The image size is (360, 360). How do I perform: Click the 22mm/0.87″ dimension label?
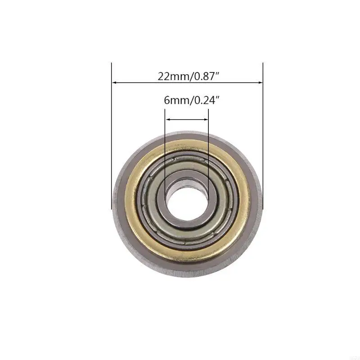(188, 76)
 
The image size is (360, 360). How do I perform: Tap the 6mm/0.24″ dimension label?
(188, 100)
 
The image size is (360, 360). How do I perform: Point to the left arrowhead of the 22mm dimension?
(114, 83)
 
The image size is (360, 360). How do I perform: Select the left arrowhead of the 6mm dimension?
(168, 119)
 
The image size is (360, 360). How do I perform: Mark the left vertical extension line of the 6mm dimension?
(165, 148)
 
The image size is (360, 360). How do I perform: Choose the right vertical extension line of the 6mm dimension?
(209, 148)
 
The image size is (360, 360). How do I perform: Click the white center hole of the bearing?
(187, 198)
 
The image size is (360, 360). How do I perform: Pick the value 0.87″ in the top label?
(206, 76)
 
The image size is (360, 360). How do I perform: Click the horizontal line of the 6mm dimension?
(187, 119)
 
